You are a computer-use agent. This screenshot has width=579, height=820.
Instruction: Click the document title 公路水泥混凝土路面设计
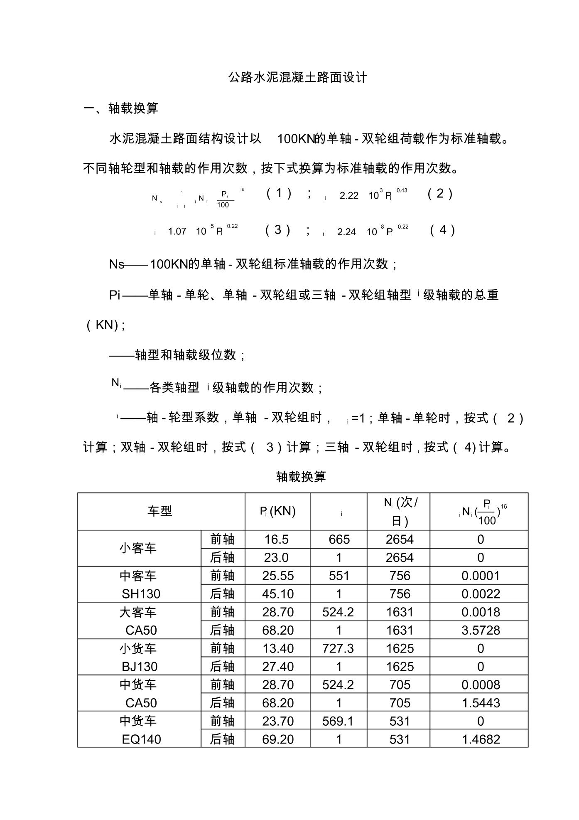click(x=297, y=78)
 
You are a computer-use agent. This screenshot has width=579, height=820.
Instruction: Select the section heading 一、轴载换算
click(x=121, y=108)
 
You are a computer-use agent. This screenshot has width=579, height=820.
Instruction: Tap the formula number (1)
click(x=279, y=193)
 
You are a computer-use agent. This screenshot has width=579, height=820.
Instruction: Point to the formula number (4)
click(x=442, y=229)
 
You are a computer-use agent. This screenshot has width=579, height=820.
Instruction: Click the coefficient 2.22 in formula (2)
click(x=348, y=196)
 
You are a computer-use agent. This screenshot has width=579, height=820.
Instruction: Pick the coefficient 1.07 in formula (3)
click(x=177, y=231)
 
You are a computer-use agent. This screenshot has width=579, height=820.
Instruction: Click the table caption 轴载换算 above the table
click(x=301, y=477)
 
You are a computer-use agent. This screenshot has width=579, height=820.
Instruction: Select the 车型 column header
click(x=159, y=511)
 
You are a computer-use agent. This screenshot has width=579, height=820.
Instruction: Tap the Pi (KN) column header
click(x=277, y=511)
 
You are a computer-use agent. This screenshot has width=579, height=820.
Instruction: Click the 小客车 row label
click(x=138, y=548)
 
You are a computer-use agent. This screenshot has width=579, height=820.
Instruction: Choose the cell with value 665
click(x=339, y=539)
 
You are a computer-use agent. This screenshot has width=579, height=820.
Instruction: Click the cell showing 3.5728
click(x=481, y=630)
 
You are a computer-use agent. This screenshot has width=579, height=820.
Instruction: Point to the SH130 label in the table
click(x=141, y=594)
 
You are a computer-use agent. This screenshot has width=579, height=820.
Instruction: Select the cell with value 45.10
click(x=277, y=594)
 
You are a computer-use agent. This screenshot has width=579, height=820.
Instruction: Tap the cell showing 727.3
click(x=338, y=648)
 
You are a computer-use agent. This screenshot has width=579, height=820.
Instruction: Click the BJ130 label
click(x=140, y=667)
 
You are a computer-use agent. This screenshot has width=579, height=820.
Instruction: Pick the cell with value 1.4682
click(x=481, y=739)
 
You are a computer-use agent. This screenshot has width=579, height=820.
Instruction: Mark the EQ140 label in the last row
click(x=141, y=739)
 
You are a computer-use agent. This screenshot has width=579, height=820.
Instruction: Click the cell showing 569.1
click(x=338, y=721)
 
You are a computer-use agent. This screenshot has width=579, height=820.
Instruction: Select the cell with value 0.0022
click(x=481, y=594)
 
